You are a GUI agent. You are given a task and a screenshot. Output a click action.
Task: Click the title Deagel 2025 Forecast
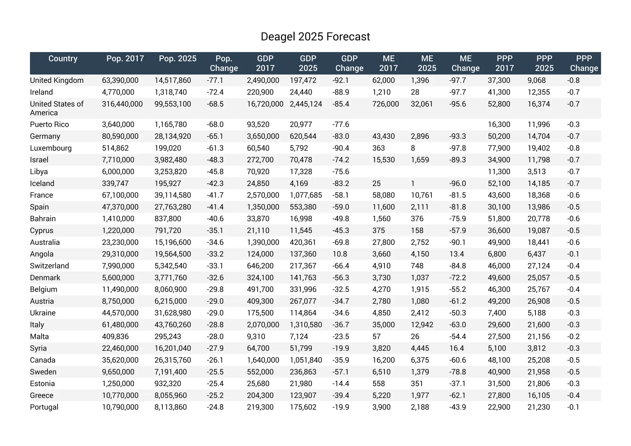tap(315, 37)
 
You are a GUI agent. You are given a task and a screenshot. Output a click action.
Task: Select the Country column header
tap(63, 59)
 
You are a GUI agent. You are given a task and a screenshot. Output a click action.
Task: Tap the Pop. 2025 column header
tap(177, 59)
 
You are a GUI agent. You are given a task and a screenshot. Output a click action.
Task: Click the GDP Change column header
tap(349, 63)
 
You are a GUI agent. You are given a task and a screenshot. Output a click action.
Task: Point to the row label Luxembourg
tap(51, 148)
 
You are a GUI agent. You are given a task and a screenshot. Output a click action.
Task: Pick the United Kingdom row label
tap(57, 80)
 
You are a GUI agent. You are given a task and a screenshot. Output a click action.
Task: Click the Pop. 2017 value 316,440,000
tap(122, 104)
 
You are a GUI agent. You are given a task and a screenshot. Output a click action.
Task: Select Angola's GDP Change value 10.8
tap(340, 254)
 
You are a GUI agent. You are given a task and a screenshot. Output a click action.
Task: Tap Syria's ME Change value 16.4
tap(455, 348)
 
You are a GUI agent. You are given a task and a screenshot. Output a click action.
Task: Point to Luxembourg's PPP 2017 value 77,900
tap(499, 148)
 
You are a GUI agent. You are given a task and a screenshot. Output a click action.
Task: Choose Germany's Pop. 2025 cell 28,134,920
tap(173, 136)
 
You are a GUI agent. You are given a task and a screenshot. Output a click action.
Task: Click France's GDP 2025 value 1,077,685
tap(306, 195)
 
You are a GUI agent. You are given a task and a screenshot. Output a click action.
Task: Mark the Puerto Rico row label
tap(49, 124)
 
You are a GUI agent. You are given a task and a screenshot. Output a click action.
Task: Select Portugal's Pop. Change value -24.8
tap(215, 407)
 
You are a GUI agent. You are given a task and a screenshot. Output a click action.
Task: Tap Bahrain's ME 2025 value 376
tap(417, 219)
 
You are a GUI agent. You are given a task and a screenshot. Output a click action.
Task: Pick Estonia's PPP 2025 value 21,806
tap(539, 384)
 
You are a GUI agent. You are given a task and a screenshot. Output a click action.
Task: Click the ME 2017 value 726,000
tap(385, 104)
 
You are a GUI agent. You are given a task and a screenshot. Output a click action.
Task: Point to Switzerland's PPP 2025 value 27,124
tap(539, 266)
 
